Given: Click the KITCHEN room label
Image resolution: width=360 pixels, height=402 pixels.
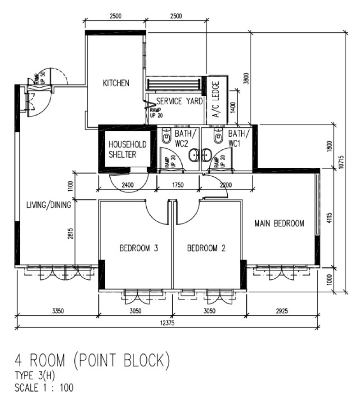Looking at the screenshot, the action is point(116,83).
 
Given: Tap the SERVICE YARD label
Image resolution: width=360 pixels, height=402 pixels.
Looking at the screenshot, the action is point(180,101).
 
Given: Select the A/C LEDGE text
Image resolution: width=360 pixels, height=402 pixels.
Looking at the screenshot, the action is point(216,99).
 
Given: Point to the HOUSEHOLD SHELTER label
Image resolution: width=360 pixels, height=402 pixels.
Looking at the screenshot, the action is point(127,149).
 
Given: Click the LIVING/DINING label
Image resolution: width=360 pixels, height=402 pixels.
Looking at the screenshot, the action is point(49,205).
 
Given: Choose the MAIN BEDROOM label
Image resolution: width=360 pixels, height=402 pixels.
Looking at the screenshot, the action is point(279,223).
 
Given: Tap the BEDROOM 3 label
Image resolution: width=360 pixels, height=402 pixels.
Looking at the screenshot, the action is point(139,248).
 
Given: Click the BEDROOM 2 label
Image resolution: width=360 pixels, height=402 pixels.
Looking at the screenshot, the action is point(206,248).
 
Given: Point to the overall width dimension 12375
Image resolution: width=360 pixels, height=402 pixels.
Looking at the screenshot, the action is point(167,323).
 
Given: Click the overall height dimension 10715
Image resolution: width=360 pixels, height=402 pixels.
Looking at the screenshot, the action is point(341,162).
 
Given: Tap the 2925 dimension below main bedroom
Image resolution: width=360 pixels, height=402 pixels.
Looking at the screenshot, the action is point(282,311).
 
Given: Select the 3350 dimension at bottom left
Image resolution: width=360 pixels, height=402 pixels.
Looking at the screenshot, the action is point(58,311).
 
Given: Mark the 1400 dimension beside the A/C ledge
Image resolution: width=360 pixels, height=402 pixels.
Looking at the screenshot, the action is point(233,107).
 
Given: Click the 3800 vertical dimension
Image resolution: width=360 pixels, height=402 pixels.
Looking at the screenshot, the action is point(246,78).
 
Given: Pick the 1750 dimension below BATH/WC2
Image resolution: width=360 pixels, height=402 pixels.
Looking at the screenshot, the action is point(178,185).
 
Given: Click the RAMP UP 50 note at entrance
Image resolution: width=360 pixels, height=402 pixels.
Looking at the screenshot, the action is point(40,78).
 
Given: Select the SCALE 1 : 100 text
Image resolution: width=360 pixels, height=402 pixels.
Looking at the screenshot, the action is point(44,388).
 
